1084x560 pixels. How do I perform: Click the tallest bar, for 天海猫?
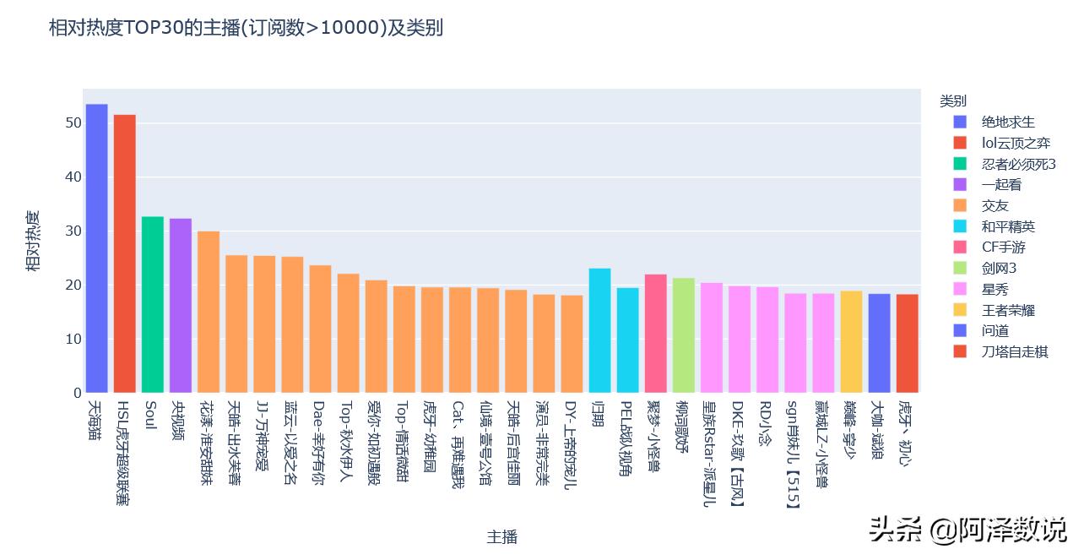(96, 248)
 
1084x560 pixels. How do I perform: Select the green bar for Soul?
(152, 305)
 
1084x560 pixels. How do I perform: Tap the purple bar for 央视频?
(180, 306)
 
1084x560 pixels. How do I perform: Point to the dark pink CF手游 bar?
(655, 334)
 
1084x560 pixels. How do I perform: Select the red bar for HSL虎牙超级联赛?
(124, 253)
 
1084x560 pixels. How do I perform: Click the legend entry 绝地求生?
(1007, 122)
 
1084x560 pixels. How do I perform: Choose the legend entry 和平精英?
(1007, 226)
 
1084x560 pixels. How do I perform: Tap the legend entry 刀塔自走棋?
(1013, 351)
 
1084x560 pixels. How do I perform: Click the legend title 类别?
(953, 101)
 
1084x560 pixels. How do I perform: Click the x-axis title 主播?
(501, 536)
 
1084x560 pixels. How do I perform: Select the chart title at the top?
(246, 28)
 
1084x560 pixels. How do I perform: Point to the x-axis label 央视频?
(180, 419)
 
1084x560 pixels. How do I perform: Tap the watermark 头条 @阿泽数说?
(967, 530)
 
